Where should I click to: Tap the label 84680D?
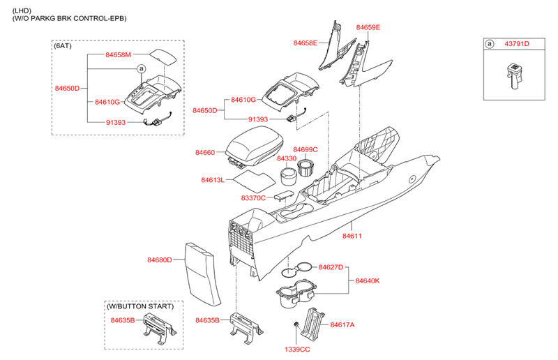[x=159, y=260]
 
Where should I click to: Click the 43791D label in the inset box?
[x=517, y=43]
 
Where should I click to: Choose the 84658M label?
[x=119, y=54]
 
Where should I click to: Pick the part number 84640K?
[x=368, y=281]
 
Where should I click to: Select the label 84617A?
[x=342, y=324]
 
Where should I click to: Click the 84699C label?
[x=306, y=149]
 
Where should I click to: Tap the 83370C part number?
[x=254, y=198]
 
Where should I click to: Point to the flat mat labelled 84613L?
[x=252, y=179]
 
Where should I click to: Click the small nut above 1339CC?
[x=297, y=324]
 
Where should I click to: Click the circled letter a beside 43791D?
[x=490, y=43]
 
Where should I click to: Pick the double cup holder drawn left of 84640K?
[x=296, y=294]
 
